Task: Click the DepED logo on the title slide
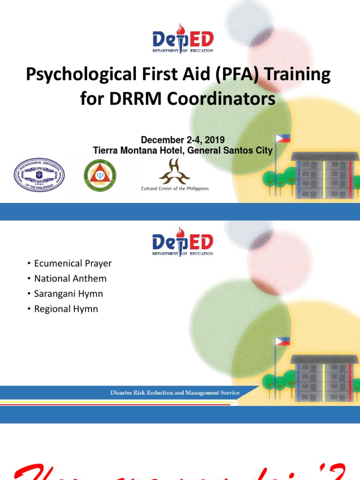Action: (182, 38)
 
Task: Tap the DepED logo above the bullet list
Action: (182, 241)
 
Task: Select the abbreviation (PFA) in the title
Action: (228, 75)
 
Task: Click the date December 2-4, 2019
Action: (183, 140)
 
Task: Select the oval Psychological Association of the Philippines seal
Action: (39, 175)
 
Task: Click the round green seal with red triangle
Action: (99, 175)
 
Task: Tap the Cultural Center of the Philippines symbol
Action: (174, 172)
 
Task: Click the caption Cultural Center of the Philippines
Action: (175, 188)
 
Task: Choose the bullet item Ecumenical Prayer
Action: (73, 263)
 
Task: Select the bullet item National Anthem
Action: (70, 278)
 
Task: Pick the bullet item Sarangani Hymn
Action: (68, 294)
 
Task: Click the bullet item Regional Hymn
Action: (66, 309)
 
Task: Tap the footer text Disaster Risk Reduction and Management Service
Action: (175, 393)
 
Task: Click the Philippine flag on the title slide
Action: (283, 138)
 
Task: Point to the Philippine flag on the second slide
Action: (283, 342)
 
